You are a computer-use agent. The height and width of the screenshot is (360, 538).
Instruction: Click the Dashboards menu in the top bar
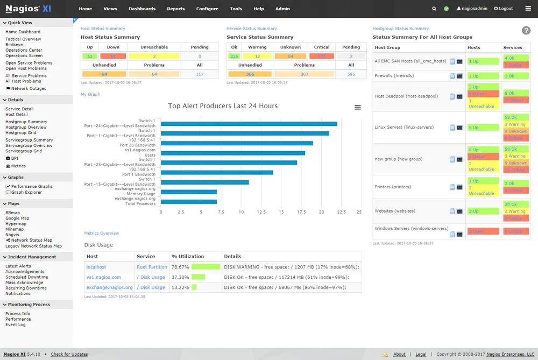coord(142,9)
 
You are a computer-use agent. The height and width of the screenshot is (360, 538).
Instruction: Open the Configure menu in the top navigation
coord(207,9)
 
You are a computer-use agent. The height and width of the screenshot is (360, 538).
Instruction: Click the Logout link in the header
coord(504,9)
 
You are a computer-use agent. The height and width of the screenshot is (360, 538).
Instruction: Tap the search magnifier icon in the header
coord(434,9)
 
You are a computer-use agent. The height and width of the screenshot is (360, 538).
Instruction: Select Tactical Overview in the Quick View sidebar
coord(23,39)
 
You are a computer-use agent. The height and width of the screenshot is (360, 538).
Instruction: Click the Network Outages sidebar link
coord(29,89)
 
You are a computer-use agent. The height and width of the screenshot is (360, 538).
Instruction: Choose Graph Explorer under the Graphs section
coord(26,192)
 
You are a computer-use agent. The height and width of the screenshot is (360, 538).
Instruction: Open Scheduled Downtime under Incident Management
coord(26,277)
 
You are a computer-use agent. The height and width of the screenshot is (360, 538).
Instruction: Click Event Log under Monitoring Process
coord(15,324)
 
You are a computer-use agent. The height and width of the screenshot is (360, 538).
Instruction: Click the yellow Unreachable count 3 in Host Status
coord(154,56)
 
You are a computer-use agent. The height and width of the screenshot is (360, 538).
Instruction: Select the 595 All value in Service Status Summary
coord(351,74)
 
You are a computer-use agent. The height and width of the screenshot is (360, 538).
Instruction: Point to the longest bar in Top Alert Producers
coord(249,124)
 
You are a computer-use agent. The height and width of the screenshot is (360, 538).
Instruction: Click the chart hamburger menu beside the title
coord(358,108)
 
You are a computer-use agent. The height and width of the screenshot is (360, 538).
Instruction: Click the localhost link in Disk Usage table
coord(96,267)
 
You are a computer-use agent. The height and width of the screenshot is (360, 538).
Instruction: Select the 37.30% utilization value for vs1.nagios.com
coord(180,277)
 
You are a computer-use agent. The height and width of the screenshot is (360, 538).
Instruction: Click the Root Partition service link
coord(152,267)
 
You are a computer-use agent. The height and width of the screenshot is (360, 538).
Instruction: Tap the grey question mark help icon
coord(526,31)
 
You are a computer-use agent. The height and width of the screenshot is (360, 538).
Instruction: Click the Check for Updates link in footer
coord(69,354)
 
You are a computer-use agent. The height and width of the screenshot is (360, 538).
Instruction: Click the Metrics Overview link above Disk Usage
coord(102,233)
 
